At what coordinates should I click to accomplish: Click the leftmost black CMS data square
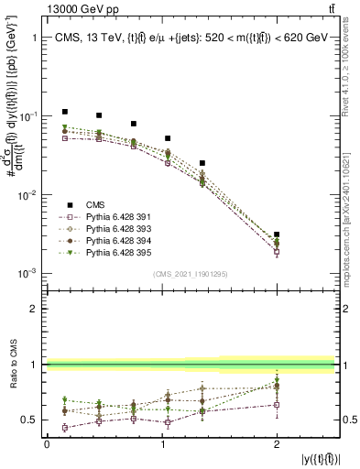click(x=64, y=112)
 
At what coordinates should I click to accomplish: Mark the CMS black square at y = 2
click(x=277, y=234)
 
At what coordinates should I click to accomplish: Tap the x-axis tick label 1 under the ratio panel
click(x=162, y=442)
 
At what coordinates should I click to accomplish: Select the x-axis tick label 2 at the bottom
click(x=277, y=442)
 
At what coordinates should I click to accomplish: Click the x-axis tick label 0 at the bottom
click(x=47, y=442)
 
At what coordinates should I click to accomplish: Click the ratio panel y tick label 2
click(x=34, y=309)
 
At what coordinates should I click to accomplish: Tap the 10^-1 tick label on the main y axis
click(x=27, y=116)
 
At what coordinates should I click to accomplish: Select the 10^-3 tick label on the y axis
click(x=27, y=274)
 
